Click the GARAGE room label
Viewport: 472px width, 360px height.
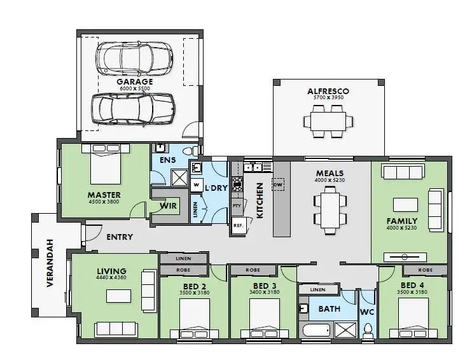tap(134, 82)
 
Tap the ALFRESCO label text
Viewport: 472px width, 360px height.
tap(328, 92)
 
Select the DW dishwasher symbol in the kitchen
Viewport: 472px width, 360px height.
tap(277, 184)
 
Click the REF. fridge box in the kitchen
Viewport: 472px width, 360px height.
tap(238, 226)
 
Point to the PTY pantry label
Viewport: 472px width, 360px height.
tap(237, 206)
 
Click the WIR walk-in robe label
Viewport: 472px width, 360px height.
tap(168, 206)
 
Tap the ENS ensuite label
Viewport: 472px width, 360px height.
tap(167, 160)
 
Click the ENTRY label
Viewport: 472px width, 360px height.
tap(120, 237)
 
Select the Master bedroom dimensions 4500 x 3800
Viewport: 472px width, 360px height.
tap(104, 202)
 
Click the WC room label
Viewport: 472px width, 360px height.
tap(367, 312)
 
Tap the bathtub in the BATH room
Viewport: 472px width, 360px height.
tap(316, 331)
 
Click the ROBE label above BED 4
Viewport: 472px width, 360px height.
tap(426, 270)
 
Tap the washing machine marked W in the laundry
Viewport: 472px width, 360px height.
tap(197, 185)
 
